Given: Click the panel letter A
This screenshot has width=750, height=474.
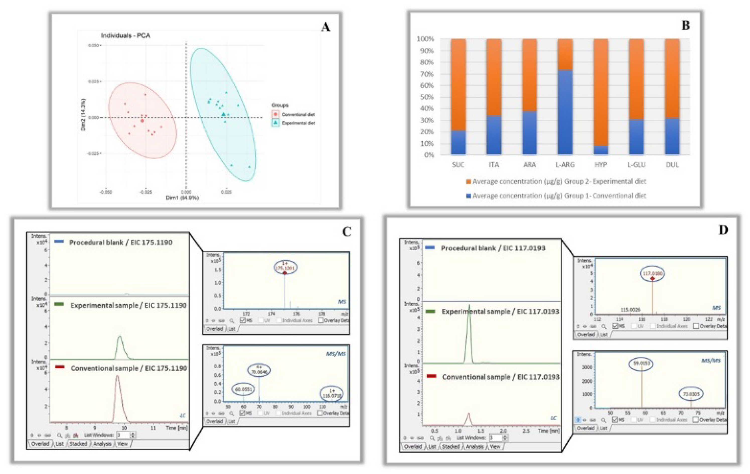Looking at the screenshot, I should point(326,27).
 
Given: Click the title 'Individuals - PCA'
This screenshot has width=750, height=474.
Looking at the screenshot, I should point(125,36).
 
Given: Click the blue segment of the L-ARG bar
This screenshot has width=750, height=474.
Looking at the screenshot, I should point(565,112).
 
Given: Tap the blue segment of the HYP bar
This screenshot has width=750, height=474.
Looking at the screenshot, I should point(601,150).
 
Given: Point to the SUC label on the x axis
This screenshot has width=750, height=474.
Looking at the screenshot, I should point(458,164).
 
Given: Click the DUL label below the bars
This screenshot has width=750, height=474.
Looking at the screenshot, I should point(672,164).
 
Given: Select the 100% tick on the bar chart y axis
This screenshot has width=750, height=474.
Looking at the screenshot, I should point(425,39).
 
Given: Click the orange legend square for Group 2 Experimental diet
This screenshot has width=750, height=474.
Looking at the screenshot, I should point(468,181).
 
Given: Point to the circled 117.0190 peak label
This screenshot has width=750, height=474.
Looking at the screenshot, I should point(652,274).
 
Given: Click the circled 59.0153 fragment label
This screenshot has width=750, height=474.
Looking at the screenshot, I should point(641,364).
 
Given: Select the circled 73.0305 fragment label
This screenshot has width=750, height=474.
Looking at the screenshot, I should point(691,394).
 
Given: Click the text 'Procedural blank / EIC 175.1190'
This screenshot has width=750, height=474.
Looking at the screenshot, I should point(121,242).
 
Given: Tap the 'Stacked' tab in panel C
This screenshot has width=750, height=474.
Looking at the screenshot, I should point(78,444).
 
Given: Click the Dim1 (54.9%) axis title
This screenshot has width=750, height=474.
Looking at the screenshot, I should point(182,198).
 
